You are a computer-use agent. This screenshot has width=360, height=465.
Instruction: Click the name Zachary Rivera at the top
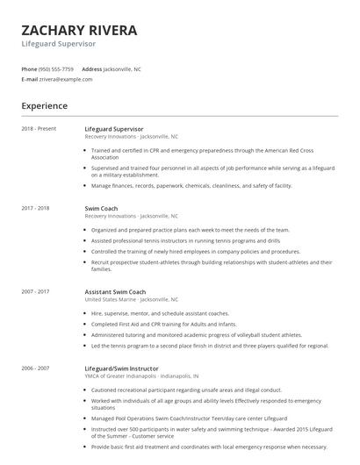pos(79,30)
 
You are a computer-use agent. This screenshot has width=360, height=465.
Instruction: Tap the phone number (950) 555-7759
pos(57,68)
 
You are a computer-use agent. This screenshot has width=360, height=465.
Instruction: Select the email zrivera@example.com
pos(67,79)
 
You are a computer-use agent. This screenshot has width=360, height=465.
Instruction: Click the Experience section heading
pos(45,106)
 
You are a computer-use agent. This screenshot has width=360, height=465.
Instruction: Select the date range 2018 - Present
pos(39,129)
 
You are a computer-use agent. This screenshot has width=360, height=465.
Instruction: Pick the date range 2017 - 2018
pos(36,208)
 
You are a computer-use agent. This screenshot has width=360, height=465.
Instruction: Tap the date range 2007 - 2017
pos(36,291)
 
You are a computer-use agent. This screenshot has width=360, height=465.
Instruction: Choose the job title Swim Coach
pos(101,208)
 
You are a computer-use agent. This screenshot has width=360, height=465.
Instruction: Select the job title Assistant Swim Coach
pos(115,291)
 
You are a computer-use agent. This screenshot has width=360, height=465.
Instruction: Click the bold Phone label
pos(30,68)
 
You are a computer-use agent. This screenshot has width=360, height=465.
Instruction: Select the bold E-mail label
pos(30,79)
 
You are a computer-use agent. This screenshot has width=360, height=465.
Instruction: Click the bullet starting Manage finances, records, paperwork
pos(191,186)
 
